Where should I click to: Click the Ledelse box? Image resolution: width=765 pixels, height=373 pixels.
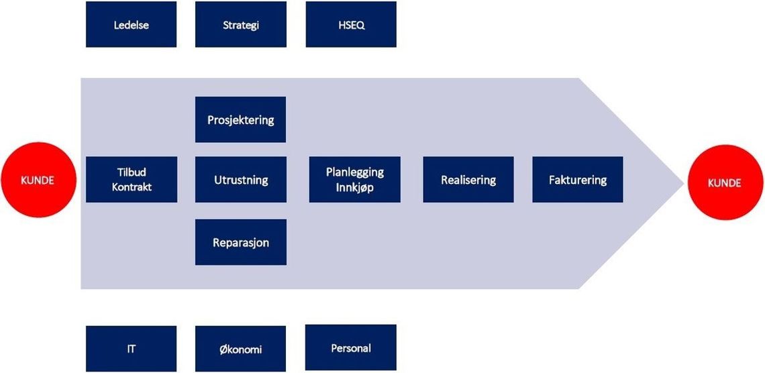132,24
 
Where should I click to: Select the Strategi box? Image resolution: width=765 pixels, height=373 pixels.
240,24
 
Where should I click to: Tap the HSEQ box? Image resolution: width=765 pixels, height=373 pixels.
351,24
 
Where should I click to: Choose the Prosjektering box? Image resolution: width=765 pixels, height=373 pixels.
240,119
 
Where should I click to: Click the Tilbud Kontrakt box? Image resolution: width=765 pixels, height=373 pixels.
132,179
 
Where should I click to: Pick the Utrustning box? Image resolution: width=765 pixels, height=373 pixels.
240,179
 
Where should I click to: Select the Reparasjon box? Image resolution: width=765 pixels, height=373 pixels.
240,242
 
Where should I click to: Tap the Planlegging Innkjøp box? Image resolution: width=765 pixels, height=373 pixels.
355,179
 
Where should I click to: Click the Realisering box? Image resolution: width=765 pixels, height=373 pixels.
468,179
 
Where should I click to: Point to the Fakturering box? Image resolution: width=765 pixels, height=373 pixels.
578,179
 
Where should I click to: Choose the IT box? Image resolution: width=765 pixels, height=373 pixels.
132,349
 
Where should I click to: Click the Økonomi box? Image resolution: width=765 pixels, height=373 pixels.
240,349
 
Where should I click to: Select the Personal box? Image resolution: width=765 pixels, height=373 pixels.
351,347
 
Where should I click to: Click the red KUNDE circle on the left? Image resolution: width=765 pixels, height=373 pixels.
38,180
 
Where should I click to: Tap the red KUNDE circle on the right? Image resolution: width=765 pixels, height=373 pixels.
725,182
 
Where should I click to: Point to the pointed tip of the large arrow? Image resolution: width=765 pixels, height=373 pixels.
684,183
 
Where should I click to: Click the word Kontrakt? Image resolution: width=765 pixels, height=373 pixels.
132,186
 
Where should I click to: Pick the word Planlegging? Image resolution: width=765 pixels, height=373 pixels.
355,172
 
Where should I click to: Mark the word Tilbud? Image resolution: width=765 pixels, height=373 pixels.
132,172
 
